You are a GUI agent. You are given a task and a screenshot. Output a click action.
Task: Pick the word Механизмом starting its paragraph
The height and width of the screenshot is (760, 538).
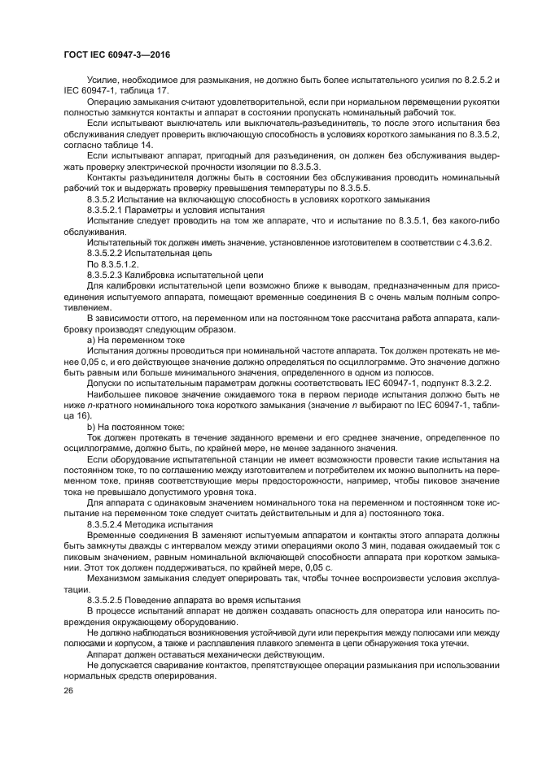click(119, 580)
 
